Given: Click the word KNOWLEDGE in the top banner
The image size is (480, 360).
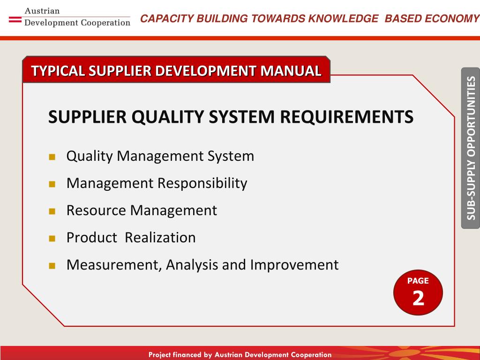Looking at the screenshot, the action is pos(343,18).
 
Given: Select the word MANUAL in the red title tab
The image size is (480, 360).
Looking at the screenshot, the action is pos(291,71).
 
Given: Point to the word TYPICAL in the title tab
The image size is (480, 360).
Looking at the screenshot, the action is pos(58,71).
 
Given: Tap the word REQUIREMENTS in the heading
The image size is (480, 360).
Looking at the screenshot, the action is pos(346,117).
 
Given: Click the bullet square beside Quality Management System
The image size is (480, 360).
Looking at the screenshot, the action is pos(52,157).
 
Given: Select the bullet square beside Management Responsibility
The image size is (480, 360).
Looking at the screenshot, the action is pos(52,184).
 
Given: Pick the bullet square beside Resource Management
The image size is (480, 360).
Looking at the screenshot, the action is pos(52,211).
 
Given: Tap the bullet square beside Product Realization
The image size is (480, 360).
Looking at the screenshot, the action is pos(52,239).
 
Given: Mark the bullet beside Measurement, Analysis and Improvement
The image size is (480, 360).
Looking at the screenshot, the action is pos(52,266).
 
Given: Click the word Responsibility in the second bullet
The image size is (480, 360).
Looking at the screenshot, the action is pos(202,184).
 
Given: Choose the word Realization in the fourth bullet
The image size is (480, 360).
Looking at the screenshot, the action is pos(160,238).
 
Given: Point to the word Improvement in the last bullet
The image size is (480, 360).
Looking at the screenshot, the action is pos(294,265).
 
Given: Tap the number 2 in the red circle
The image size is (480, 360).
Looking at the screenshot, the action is pos(418,298).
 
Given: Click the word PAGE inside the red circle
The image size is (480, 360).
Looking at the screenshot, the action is pos(418,281).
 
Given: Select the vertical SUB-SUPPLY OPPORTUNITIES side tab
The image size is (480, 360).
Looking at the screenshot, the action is pos(471,148).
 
